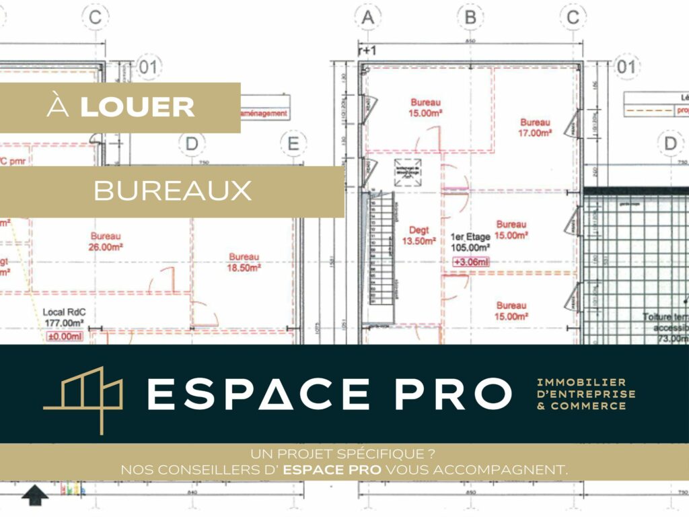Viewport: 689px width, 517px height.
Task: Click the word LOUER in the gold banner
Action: [x=137, y=107]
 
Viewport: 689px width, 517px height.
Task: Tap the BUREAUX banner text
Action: [x=172, y=191]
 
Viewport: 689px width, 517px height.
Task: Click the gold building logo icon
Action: [x=83, y=397]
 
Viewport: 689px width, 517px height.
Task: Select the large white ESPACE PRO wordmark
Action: [x=328, y=394]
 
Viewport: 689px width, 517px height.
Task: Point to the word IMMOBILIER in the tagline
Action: [x=581, y=382]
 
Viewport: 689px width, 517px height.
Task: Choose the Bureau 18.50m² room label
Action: [x=244, y=262]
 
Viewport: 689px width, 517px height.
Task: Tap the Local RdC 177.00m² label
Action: [x=65, y=318]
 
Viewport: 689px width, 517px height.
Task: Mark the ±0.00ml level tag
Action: [x=65, y=335]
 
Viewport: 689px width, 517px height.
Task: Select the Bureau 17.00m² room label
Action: [x=535, y=128]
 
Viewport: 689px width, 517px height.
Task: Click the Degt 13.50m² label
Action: [x=419, y=236]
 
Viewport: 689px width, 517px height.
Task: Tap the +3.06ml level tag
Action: [x=470, y=263]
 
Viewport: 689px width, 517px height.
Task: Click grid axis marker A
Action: [x=367, y=18]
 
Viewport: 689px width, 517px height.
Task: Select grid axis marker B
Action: [x=470, y=18]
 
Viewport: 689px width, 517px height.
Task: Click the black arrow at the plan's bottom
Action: [x=35, y=497]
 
